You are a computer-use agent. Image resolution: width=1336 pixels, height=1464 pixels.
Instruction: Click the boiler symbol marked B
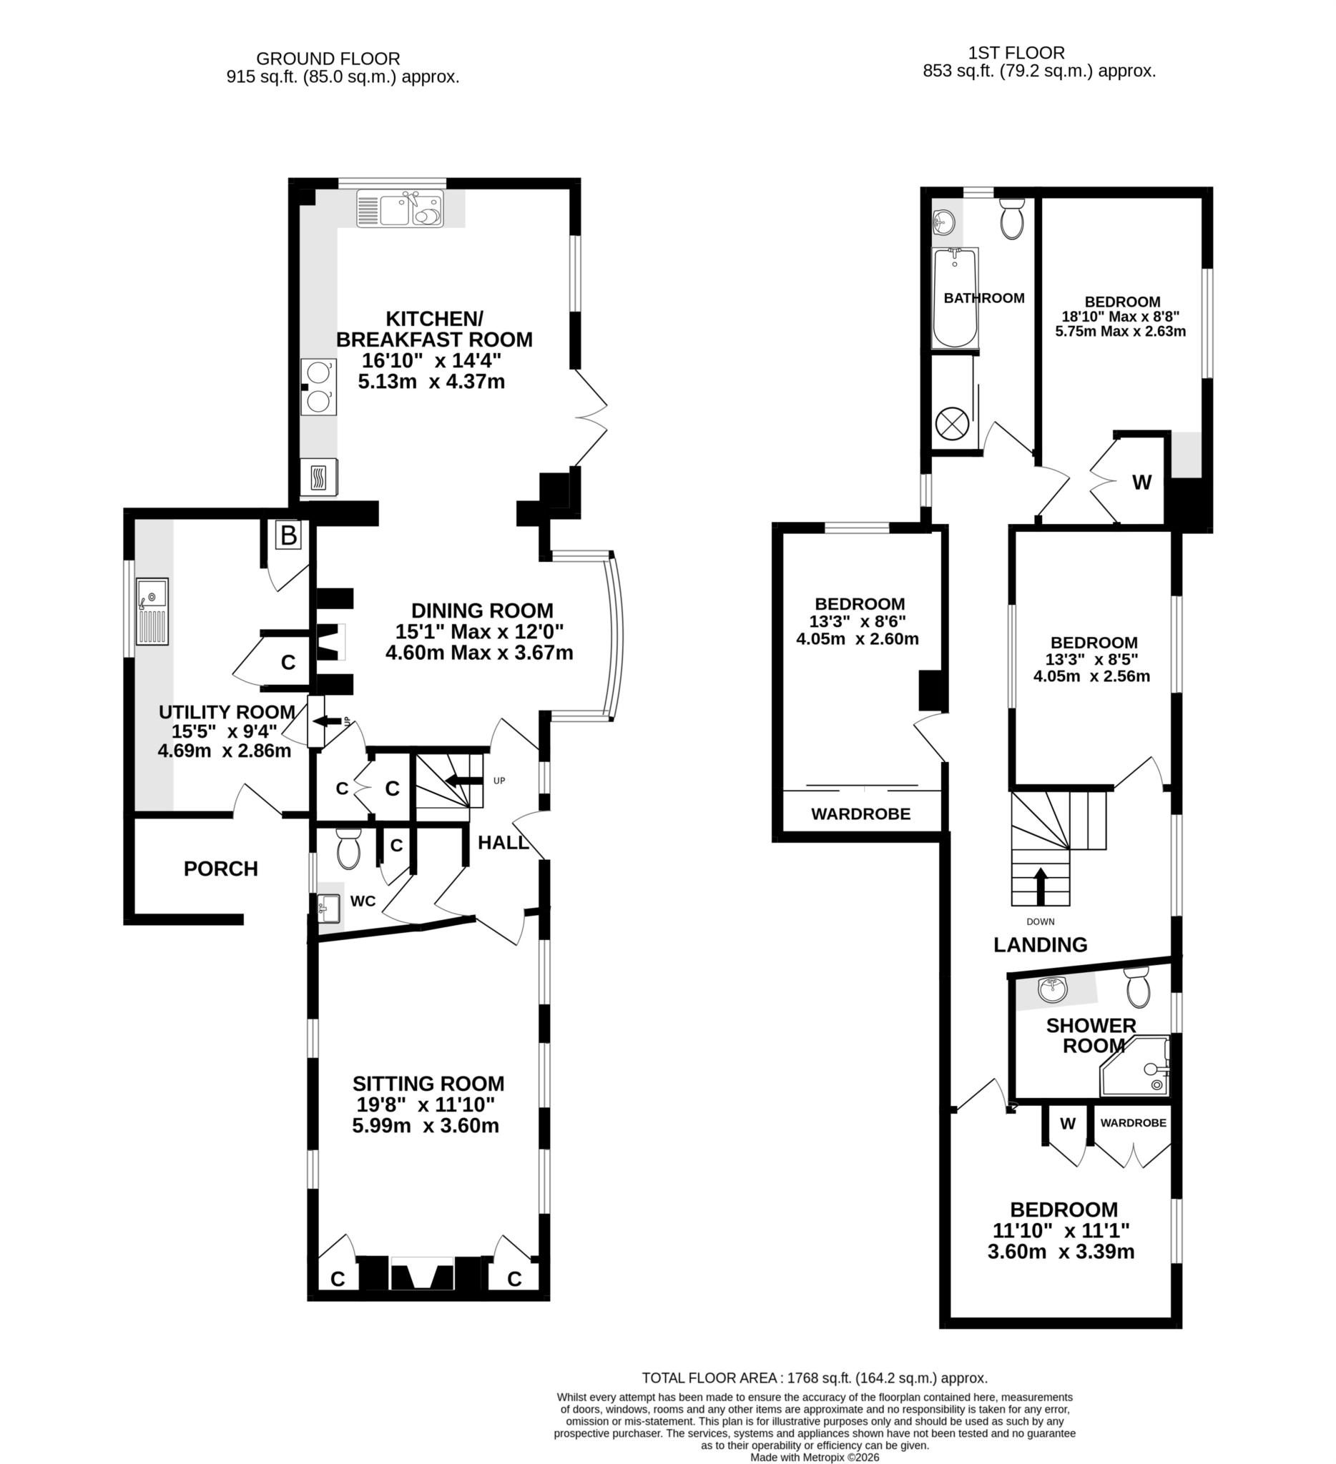pyautogui.click(x=288, y=537)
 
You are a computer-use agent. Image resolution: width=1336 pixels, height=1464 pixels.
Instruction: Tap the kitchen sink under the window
pyautogui.click(x=399, y=209)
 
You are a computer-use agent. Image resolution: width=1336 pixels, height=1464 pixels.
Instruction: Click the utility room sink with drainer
pyautogui.click(x=152, y=610)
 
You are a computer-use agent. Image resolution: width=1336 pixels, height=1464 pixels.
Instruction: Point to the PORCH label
pyautogui.click(x=220, y=869)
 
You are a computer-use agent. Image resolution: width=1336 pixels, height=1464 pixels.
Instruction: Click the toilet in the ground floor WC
pyautogui.click(x=349, y=849)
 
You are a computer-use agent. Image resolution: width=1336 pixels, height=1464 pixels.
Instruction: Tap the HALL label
pyautogui.click(x=503, y=842)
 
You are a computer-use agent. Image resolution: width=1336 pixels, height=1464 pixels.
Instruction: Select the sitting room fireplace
pyautogui.click(x=422, y=1276)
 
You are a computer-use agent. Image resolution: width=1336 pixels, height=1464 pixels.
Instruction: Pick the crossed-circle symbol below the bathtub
pyautogui.click(x=951, y=422)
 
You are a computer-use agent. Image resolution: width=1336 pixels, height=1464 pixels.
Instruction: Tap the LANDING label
pyautogui.click(x=1040, y=945)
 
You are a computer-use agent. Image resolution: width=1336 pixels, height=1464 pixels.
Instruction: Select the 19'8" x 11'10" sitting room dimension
pyautogui.click(x=426, y=1104)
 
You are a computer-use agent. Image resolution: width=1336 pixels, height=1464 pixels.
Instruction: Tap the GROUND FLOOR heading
pyautogui.click(x=328, y=59)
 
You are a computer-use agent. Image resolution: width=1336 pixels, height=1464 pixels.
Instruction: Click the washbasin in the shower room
pyautogui.click(x=1052, y=989)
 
